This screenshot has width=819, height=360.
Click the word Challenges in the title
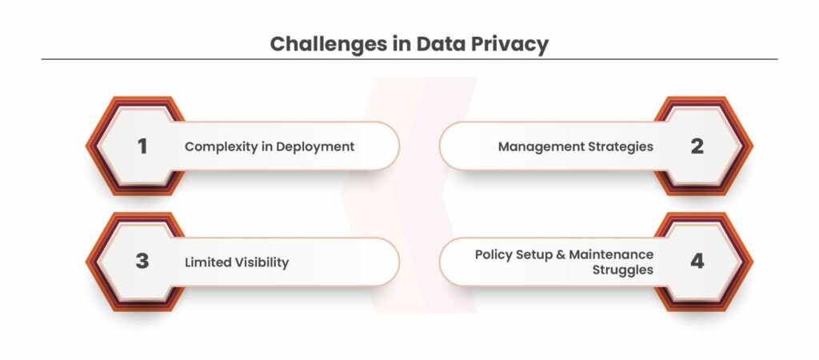pyautogui.click(x=328, y=45)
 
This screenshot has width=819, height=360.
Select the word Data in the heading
pyautogui.click(x=440, y=44)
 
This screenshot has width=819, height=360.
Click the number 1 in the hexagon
pyautogui.click(x=142, y=146)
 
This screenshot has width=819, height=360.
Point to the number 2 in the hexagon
pyautogui.click(x=697, y=146)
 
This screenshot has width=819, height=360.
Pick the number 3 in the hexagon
pyautogui.click(x=142, y=262)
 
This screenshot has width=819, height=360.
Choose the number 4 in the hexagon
pyautogui.click(x=697, y=262)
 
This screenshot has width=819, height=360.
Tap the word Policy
pyautogui.click(x=493, y=255)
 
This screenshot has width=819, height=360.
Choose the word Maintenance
pyautogui.click(x=611, y=254)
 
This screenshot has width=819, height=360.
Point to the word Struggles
pyautogui.click(x=622, y=270)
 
